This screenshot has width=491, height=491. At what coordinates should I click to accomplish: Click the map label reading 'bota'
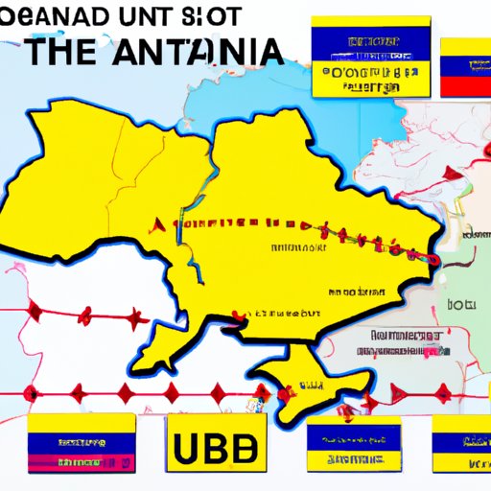tap(466, 304)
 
